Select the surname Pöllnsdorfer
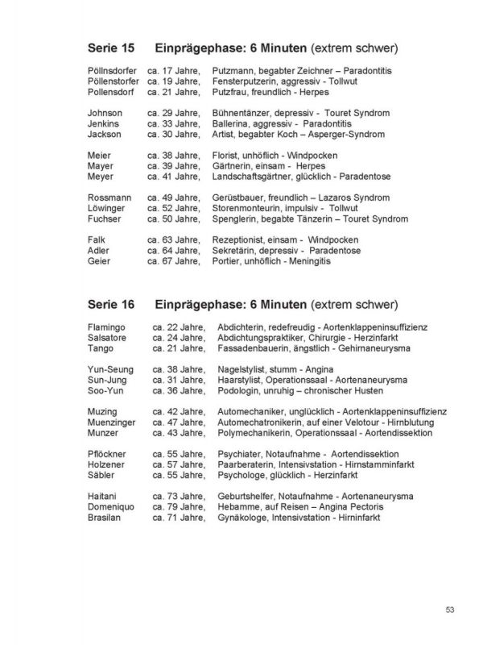[113, 72]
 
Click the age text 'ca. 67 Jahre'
[173, 261]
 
